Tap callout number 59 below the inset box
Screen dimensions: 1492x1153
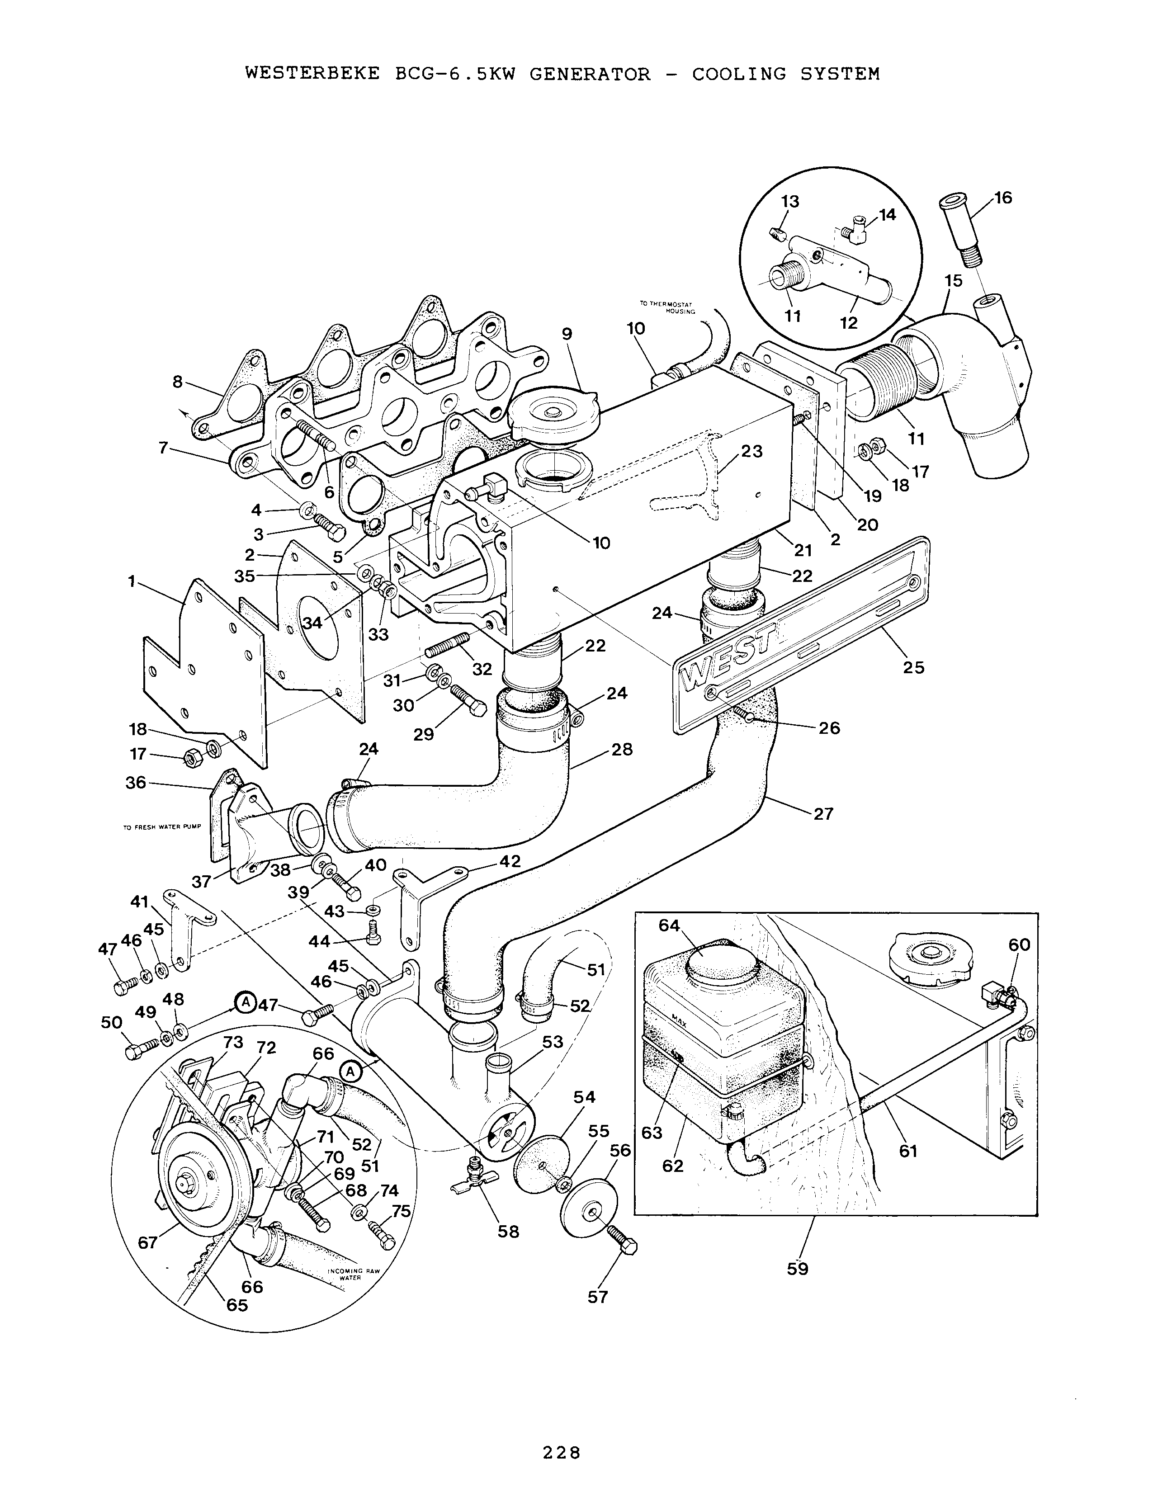pyautogui.click(x=797, y=1269)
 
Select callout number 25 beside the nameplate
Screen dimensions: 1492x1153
pyautogui.click(x=913, y=667)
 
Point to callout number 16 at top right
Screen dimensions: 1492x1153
pyautogui.click(x=1003, y=198)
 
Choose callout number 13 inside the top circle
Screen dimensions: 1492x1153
pyautogui.click(x=790, y=202)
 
